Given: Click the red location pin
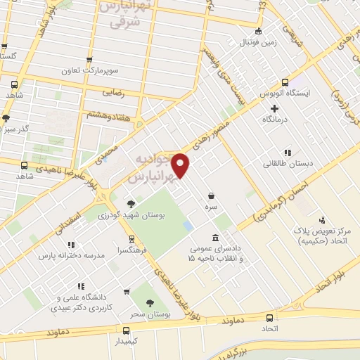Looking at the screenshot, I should click(181, 166).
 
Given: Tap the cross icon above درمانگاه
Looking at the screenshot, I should click(275, 108).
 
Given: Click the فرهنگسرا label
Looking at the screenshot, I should click(132, 249).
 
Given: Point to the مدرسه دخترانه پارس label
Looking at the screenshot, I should click(72, 255).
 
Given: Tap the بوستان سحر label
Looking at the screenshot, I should click(153, 312).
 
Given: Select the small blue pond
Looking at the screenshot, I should click(188, 226).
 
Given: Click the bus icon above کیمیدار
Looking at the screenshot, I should click(127, 330).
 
